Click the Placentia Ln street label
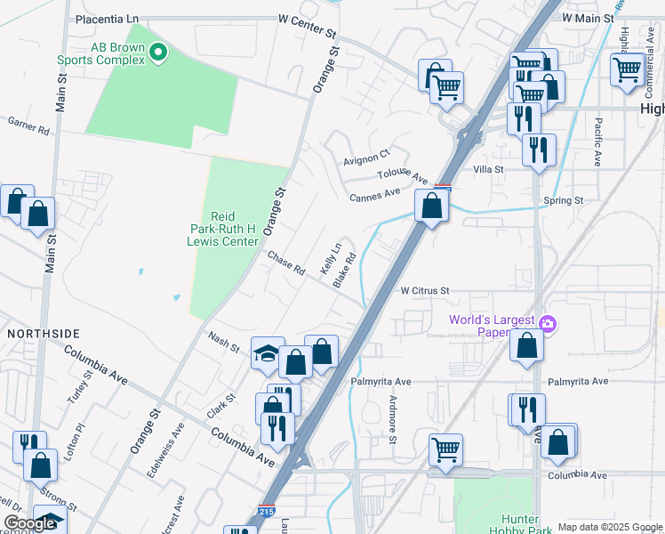click(x=108, y=18)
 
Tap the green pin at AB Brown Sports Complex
click(x=158, y=53)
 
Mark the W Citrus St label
click(x=425, y=290)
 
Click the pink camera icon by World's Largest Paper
click(x=549, y=322)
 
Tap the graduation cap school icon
click(x=268, y=353)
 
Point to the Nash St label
click(x=223, y=342)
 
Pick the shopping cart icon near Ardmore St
click(x=445, y=449)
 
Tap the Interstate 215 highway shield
click(x=266, y=513)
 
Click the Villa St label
click(x=488, y=169)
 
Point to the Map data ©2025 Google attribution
click(x=610, y=527)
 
